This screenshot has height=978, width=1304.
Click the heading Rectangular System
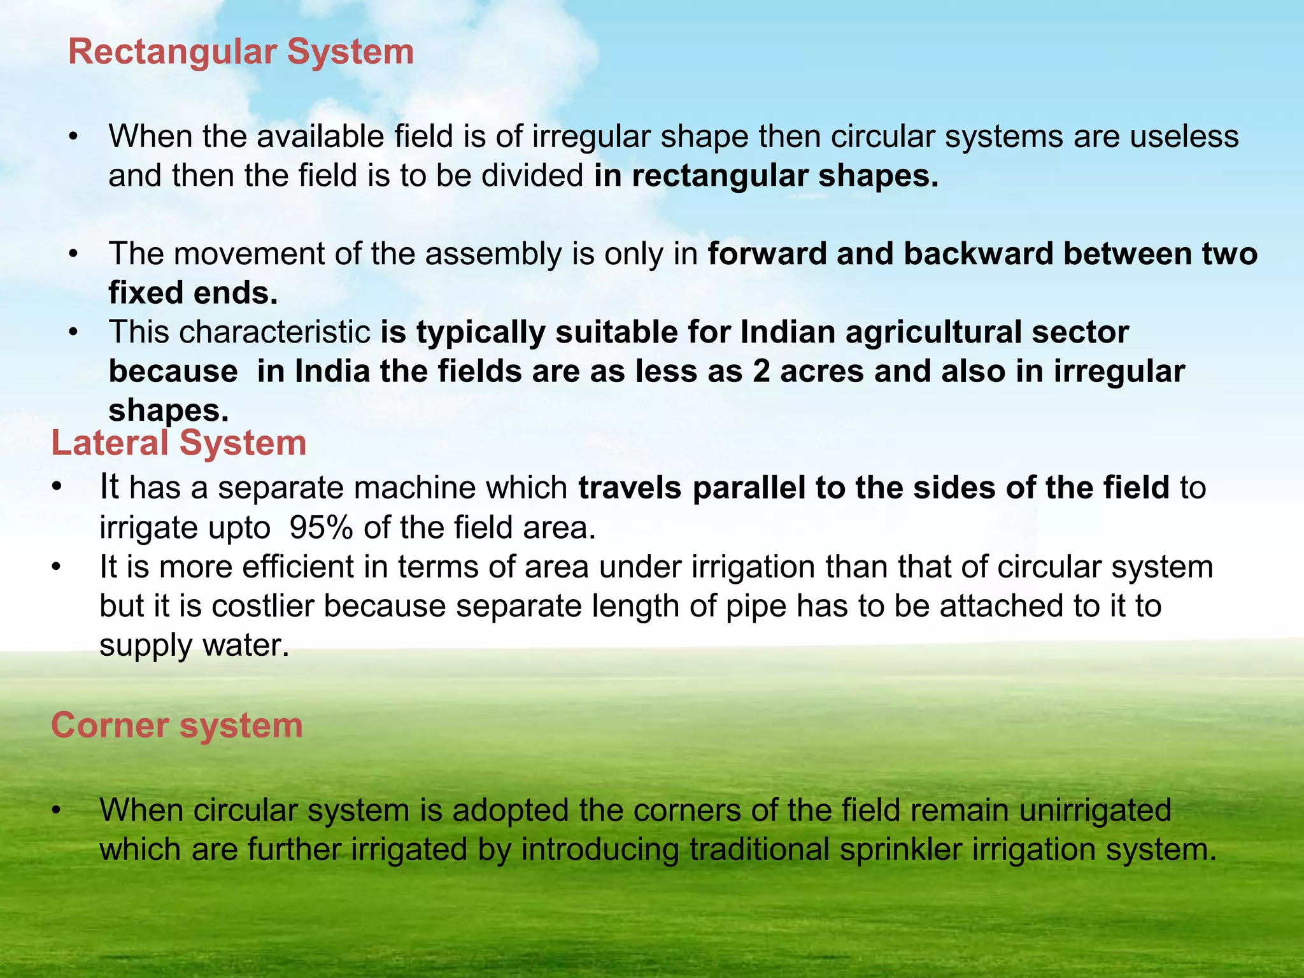[241, 52]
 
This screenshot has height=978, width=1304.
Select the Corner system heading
[176, 725]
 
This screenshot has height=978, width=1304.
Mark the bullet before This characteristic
[74, 332]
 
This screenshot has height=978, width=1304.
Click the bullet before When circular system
[57, 811]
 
